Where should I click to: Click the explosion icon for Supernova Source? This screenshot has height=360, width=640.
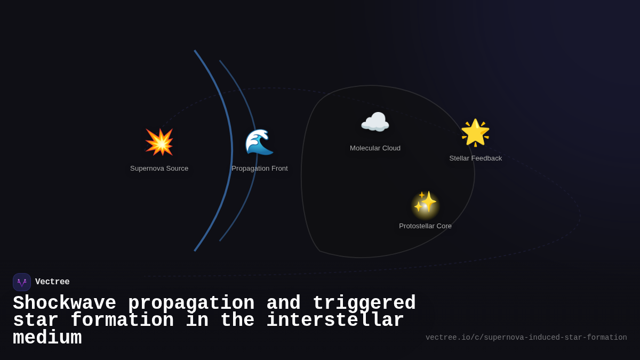(159, 142)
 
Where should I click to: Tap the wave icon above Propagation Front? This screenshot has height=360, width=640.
(259, 142)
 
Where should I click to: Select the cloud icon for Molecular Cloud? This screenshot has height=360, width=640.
(375, 123)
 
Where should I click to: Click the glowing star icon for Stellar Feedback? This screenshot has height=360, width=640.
(475, 132)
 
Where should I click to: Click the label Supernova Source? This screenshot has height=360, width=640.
(159, 169)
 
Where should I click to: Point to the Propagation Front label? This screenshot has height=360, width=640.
(259, 169)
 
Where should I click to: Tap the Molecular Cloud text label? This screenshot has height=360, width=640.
(375, 148)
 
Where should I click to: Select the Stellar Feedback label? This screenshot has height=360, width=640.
(475, 158)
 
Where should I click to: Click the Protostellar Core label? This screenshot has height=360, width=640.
(425, 226)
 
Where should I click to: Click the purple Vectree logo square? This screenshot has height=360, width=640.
(22, 282)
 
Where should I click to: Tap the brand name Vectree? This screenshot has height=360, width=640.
(52, 282)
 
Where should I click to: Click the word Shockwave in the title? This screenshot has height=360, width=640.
(65, 303)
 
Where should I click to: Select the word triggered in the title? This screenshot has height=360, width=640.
(364, 303)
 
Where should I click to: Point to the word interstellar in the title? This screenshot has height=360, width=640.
(335, 321)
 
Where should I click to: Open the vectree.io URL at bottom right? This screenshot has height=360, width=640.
(526, 338)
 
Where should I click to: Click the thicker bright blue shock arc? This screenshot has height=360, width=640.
(231, 150)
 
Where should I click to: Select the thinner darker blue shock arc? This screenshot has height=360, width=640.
(257, 150)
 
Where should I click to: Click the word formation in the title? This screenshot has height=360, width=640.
(122, 321)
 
